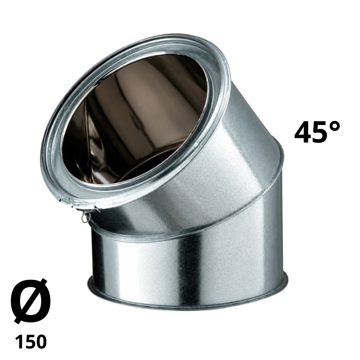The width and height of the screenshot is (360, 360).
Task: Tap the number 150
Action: coord(31,341)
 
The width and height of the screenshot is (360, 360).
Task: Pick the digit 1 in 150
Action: coord(19,341)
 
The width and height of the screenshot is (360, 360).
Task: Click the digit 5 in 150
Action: coord(30,341)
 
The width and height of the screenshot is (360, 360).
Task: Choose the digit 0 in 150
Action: coord(41,341)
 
